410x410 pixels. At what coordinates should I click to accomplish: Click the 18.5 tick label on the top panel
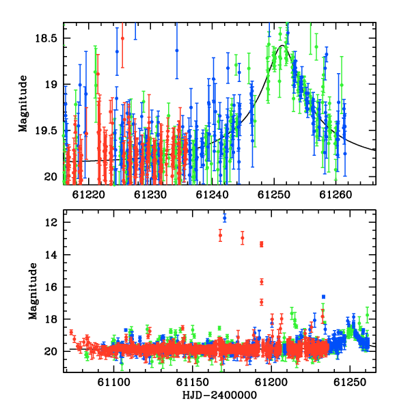click(46, 38)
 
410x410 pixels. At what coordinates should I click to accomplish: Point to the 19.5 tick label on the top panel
click(46, 131)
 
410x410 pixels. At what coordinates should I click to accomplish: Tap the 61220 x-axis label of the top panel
click(88, 195)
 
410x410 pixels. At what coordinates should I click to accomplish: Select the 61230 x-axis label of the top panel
click(150, 195)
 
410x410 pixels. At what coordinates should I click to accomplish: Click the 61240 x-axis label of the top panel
click(212, 195)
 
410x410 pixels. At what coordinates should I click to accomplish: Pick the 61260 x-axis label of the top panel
click(336, 195)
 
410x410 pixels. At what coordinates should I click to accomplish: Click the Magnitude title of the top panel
click(23, 104)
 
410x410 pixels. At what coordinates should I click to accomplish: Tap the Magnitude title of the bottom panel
click(33, 291)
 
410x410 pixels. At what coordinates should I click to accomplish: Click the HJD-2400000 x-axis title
click(219, 395)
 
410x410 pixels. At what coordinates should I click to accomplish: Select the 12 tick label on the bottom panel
click(51, 223)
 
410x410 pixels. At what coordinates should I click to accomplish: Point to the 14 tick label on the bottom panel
click(51, 255)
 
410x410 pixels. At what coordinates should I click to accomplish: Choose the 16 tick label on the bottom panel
click(51, 287)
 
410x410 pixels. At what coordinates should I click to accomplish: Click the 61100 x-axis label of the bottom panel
click(113, 382)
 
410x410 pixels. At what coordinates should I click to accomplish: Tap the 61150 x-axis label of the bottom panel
click(193, 382)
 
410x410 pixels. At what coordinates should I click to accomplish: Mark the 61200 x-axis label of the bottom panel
click(271, 382)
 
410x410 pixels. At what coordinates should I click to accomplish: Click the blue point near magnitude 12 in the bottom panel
click(225, 218)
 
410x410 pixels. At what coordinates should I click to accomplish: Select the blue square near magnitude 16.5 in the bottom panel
click(323, 297)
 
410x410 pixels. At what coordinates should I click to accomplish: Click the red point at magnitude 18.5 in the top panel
click(122, 38)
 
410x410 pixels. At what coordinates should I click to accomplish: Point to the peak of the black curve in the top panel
click(282, 46)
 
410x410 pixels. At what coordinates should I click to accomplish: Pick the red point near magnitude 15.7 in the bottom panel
click(262, 282)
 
